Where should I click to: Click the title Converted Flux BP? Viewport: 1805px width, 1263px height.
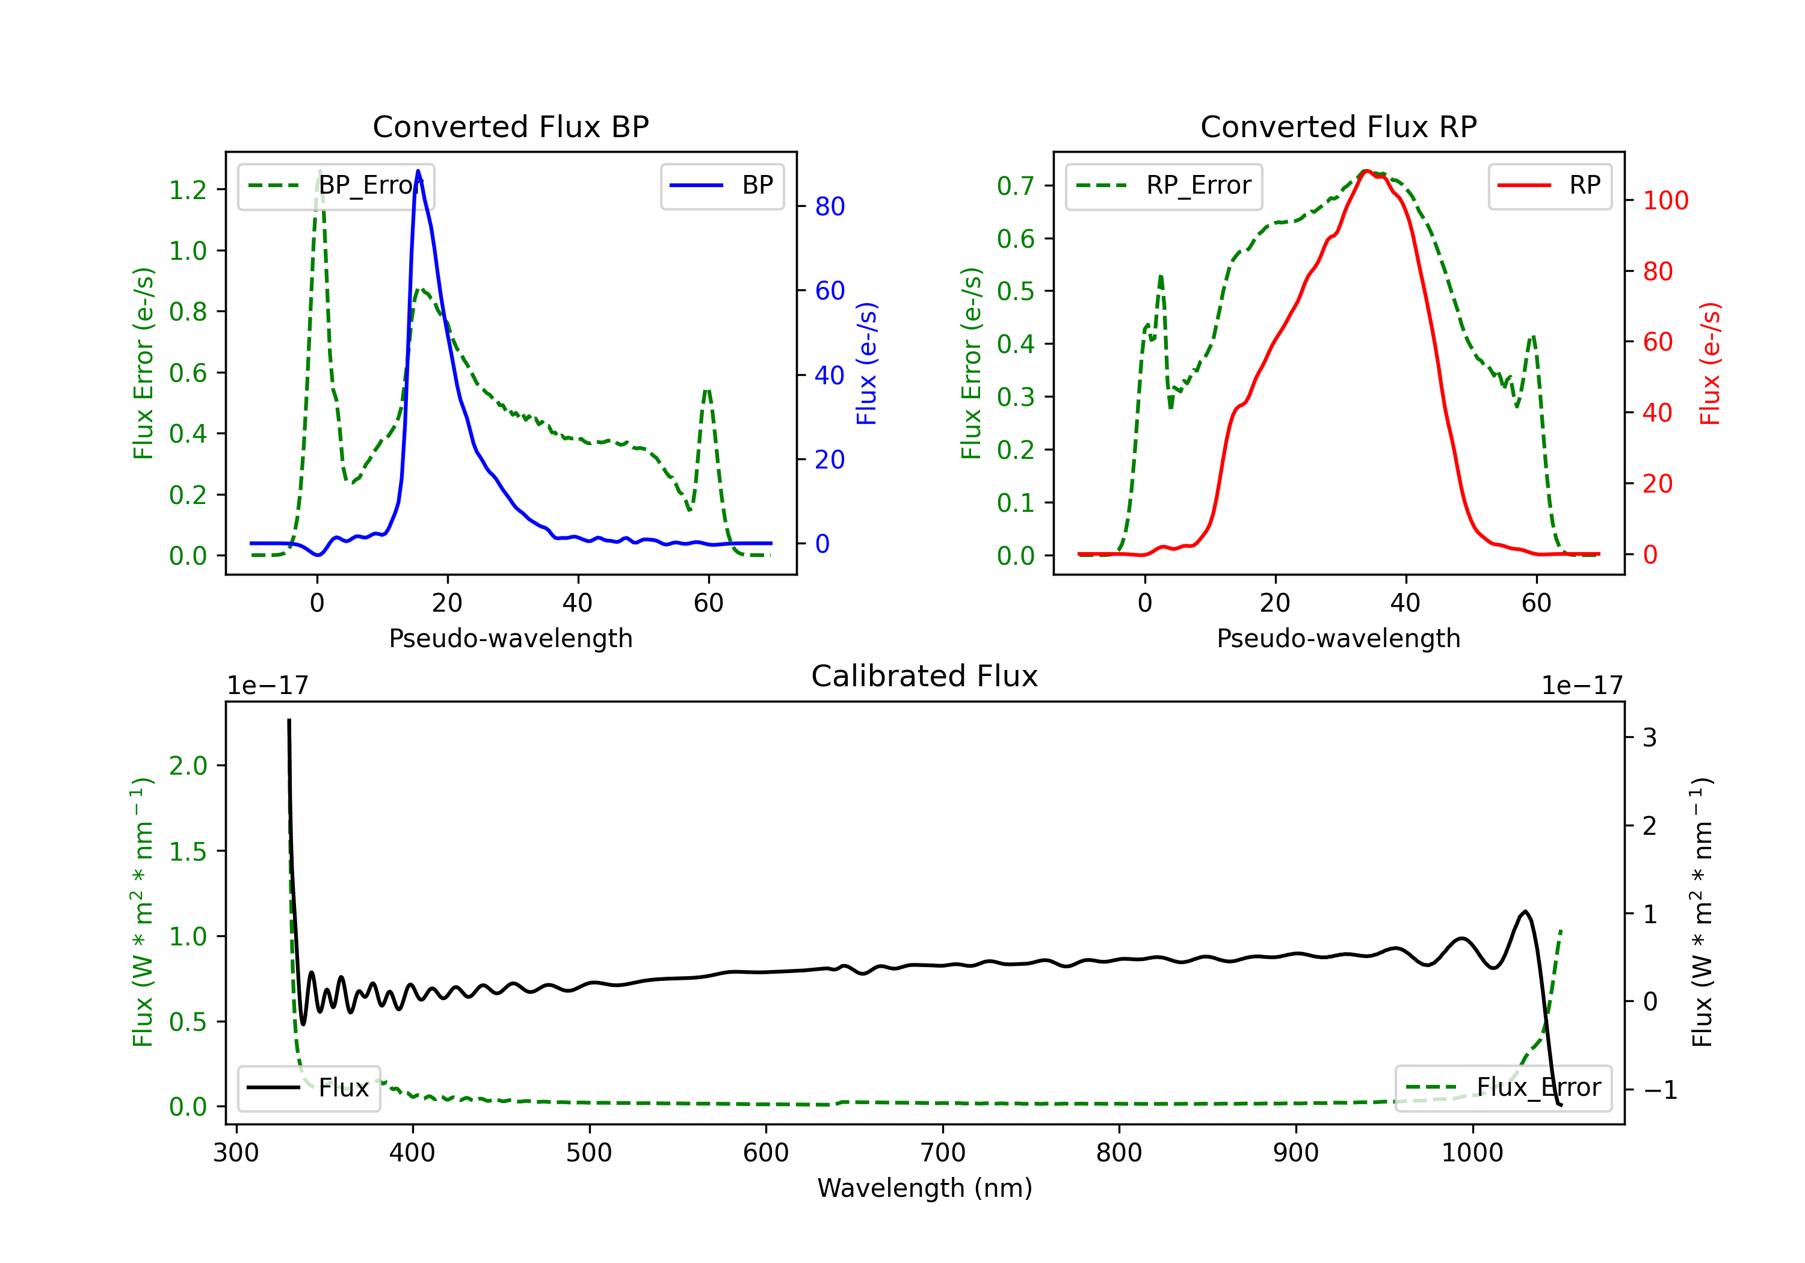point(510,126)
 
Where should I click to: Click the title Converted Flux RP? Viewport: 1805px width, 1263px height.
point(1338,126)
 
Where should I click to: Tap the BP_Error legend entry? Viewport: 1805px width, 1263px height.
point(336,185)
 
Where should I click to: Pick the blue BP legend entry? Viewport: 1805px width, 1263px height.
point(721,185)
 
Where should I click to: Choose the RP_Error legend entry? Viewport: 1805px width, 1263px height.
point(1164,185)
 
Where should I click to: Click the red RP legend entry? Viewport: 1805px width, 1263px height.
point(1549,185)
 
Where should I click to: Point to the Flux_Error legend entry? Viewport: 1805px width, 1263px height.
point(1503,1088)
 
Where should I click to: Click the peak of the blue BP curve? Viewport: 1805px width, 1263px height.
point(418,171)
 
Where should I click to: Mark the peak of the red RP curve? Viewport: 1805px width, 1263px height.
point(1366,171)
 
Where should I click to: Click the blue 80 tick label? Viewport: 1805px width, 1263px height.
point(829,207)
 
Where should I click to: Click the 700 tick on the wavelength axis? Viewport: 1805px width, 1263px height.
point(943,1153)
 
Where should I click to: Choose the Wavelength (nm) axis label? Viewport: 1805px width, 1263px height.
point(925,1188)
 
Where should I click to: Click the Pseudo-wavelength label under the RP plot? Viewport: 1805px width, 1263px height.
point(1338,638)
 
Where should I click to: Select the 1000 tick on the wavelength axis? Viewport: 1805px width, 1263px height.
point(1472,1153)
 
